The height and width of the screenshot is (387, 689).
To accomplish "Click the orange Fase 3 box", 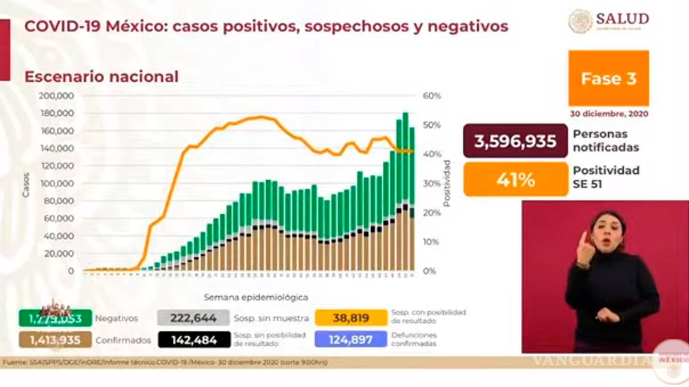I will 608,78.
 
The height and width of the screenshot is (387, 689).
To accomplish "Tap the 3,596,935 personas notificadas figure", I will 515,141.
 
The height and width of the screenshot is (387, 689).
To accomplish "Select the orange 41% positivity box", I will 515,179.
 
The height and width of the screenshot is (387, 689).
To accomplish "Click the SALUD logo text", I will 622,19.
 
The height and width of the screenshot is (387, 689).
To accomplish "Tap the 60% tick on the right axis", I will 432,96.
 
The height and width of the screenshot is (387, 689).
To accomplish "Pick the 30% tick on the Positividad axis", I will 432,183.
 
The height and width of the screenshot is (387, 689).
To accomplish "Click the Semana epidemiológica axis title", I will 256,297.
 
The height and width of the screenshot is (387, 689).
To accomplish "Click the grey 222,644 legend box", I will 193,318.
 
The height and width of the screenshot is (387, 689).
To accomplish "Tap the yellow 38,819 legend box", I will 351,318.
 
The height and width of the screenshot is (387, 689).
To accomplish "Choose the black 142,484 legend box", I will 194,340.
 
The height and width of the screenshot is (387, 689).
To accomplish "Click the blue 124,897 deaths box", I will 351,340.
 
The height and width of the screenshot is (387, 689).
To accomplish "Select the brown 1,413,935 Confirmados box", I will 56,340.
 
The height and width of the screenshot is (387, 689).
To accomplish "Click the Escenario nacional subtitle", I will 101,77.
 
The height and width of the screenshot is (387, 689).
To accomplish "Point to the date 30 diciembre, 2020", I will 608,113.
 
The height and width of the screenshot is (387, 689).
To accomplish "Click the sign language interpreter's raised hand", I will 583,248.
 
